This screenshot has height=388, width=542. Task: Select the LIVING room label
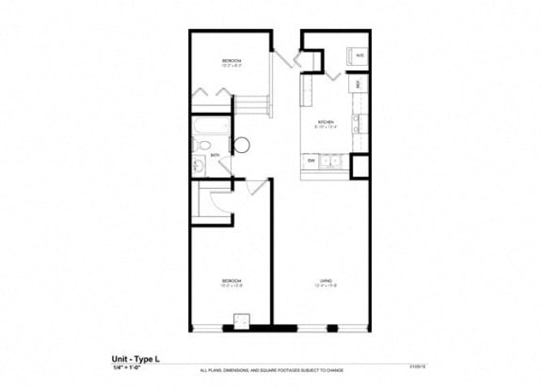(x=325, y=281)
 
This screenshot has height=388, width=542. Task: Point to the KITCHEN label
(x=326, y=123)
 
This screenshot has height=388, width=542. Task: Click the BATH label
(x=215, y=155)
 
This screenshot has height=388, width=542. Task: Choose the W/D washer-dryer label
(x=359, y=56)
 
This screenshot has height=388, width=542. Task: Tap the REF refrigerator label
(x=358, y=85)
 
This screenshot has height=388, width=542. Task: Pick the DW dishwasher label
(x=311, y=162)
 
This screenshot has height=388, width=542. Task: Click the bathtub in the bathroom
(x=210, y=125)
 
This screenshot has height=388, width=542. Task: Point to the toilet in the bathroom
(x=204, y=145)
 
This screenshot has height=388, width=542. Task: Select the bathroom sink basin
(x=199, y=165)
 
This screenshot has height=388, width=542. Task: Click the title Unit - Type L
(x=134, y=359)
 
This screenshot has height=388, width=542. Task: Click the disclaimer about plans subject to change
(x=268, y=372)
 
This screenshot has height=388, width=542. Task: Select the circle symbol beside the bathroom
(x=239, y=145)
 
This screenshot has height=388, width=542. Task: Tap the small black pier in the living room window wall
(x=332, y=327)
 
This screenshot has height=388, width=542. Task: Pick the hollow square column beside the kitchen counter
(x=359, y=165)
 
